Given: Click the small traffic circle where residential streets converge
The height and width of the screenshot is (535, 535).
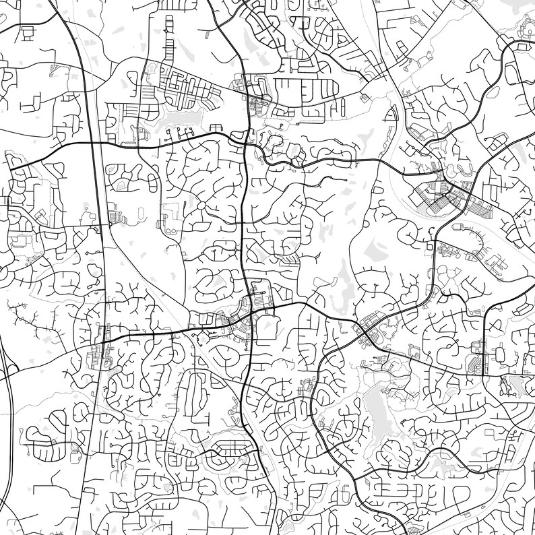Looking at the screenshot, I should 201,204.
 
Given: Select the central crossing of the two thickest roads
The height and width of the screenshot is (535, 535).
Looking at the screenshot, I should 251,311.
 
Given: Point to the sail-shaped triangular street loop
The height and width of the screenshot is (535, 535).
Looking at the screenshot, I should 389,115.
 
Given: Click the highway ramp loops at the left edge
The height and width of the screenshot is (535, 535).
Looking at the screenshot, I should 7,377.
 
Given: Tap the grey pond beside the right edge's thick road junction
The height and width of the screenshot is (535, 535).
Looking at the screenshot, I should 516,385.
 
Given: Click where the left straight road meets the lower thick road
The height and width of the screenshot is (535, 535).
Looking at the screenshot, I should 104,336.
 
